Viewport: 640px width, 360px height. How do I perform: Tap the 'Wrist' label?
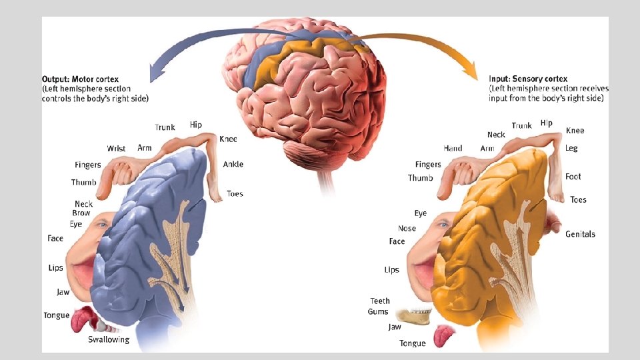pos(116,149)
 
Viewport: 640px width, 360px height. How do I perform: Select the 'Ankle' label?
pos(233,164)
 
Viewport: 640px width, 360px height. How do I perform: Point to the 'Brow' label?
pos(81,213)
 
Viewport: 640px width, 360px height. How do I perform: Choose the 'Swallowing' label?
pos(109,339)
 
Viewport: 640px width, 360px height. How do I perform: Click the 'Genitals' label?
pos(580,234)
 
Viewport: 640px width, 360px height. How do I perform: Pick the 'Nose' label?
pos(407,228)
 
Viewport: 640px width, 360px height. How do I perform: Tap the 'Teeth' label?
pos(380,301)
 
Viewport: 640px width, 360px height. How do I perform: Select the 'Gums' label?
pos(378,312)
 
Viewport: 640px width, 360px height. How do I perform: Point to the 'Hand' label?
pos(453,148)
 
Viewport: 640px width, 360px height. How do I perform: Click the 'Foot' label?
pos(573,177)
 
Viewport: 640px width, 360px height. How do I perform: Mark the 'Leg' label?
pos(571,148)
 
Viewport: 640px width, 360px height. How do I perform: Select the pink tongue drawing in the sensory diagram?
pos(443,335)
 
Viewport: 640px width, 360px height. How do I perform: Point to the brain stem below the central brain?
pos(327,180)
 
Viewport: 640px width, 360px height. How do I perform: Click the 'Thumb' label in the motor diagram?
pos(84,182)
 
